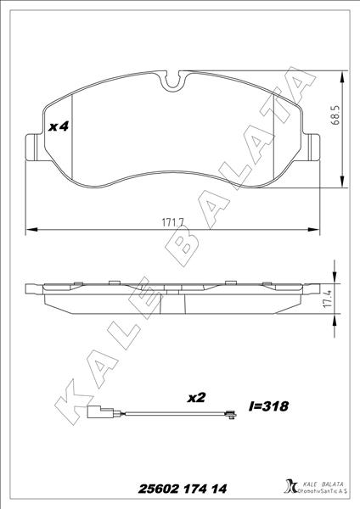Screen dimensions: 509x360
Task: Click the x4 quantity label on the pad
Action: click(x=58, y=126)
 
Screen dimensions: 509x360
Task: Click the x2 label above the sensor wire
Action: click(x=198, y=396)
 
